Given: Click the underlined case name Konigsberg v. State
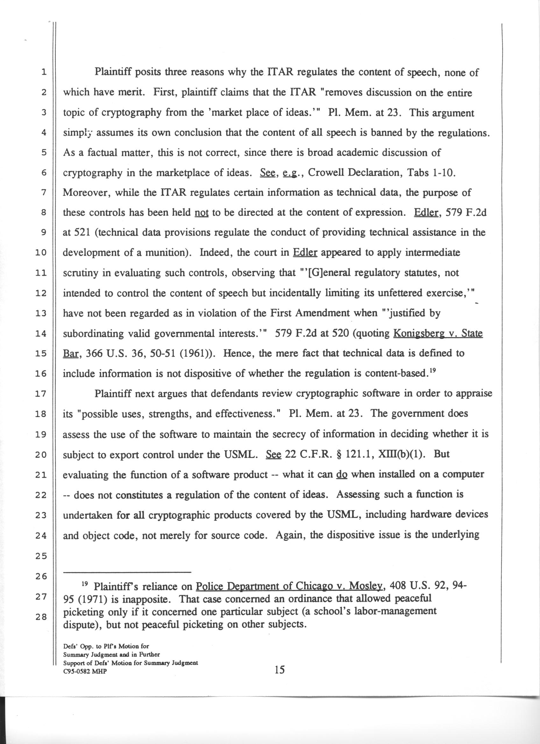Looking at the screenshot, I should point(437,334).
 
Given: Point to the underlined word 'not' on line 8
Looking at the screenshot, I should point(200,213).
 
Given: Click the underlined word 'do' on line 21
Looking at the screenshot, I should point(342,475).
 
